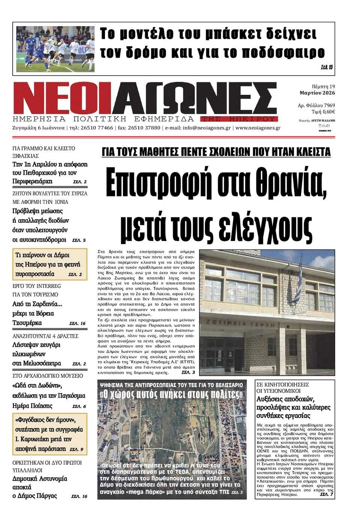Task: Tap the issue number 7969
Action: (329, 105)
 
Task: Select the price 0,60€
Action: (328, 112)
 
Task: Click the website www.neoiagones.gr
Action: (258, 128)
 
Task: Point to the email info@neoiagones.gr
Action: (207, 128)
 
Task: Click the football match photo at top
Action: (55, 49)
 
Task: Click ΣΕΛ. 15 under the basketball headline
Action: (327, 67)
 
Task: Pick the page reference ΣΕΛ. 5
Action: (79, 240)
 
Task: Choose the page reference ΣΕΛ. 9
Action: (76, 449)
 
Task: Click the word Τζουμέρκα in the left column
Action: (27, 323)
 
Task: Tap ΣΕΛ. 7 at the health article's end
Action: (327, 494)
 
